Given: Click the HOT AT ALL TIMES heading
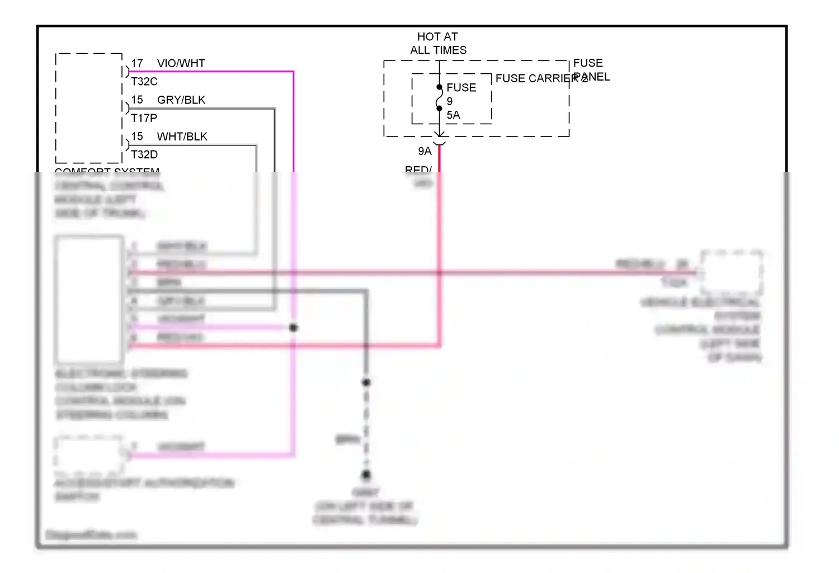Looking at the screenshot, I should pos(438,43).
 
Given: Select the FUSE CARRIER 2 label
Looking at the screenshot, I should pos(541,78).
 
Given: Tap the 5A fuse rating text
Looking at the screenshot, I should pos(453,115).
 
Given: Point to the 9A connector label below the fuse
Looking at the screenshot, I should pos(425,151).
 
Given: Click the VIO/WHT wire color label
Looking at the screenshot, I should pos(181,63).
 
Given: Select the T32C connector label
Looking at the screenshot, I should pos(144,82).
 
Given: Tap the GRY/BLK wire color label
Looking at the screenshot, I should pos(181,100).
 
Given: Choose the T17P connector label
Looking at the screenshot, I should pos(144,118).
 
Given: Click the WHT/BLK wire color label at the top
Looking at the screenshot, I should pos(182,137).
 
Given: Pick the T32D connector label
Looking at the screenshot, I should pos(144,154).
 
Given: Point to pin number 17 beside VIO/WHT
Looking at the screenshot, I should pos(137,63).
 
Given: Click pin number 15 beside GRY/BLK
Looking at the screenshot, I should pos(137,100).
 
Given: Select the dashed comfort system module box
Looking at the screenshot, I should pos(89,108).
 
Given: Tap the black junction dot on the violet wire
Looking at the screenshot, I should pos(293,327).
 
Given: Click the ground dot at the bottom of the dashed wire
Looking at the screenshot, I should pos(366,475).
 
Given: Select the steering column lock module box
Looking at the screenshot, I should pos(89,299).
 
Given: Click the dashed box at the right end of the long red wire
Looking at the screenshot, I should pos(732,273).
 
